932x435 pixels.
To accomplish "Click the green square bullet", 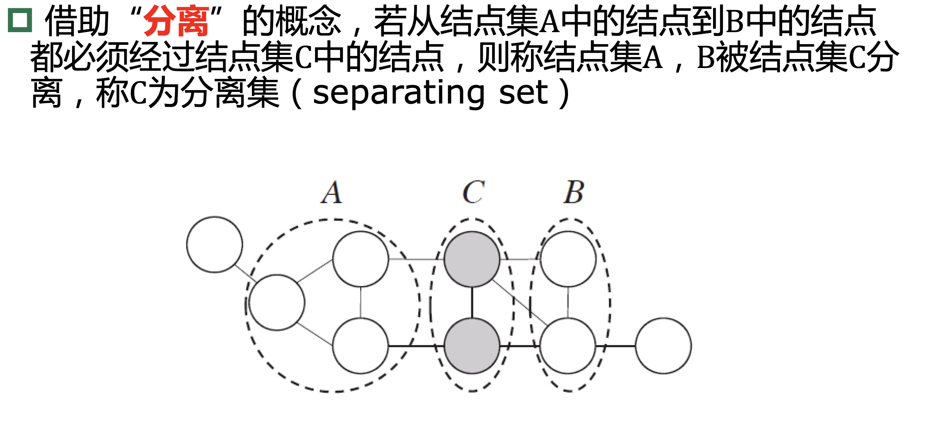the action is coord(20,20).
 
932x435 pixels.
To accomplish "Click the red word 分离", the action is coord(176,22).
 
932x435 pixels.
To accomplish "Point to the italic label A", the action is coord(331,193).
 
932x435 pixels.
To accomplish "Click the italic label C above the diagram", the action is coord(473,193).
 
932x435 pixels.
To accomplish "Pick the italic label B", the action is coord(574,193).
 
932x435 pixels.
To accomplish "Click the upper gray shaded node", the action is coord(472,259).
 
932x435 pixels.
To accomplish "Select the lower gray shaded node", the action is coord(472,346).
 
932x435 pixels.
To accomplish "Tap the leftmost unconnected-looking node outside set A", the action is coord(215,244).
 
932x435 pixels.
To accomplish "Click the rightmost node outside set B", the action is coord(663,346).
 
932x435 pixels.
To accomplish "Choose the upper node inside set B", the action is coord(568,259).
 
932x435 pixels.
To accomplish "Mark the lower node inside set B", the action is coord(568,346).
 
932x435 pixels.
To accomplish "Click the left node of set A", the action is coord(277,302).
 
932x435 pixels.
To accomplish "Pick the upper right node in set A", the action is coord(361,259).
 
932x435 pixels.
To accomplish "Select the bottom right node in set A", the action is coord(361,346).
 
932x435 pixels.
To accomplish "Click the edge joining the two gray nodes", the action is coord(472,303).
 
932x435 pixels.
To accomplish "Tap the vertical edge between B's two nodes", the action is coord(568,303).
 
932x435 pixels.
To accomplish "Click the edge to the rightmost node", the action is coord(616,346).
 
